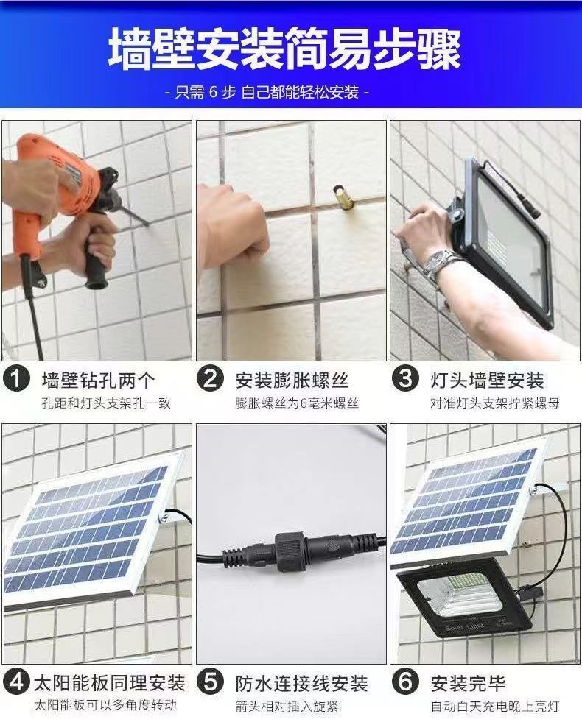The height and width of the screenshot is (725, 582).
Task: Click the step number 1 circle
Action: (x=16, y=378)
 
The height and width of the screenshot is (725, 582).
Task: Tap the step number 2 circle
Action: (x=211, y=378)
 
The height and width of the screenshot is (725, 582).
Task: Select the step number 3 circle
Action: (x=405, y=378)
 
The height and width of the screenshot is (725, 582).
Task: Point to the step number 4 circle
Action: (x=16, y=682)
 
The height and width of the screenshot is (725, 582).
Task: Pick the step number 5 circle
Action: (x=211, y=682)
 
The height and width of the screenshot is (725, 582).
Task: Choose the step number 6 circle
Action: (x=405, y=682)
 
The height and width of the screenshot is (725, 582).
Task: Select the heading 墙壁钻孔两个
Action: (x=98, y=380)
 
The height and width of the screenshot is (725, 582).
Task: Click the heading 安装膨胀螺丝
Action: (x=292, y=380)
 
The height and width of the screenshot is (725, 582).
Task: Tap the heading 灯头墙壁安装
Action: (x=487, y=380)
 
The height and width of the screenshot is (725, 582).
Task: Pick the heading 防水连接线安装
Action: (x=301, y=683)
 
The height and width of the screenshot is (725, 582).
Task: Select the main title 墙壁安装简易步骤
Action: (x=285, y=49)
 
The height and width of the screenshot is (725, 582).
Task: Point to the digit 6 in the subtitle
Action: (x=213, y=93)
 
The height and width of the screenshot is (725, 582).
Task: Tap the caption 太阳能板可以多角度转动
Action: (x=105, y=705)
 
